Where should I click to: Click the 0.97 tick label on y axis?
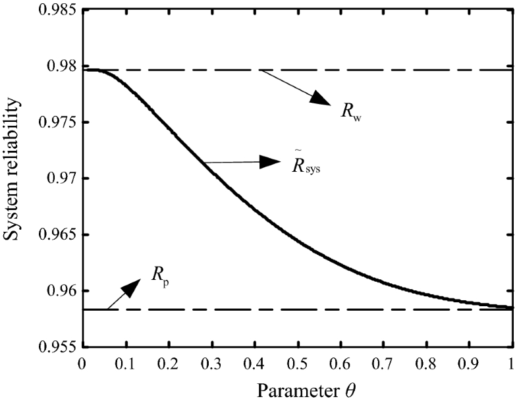click(x=59, y=178)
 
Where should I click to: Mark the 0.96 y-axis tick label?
click(x=59, y=290)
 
